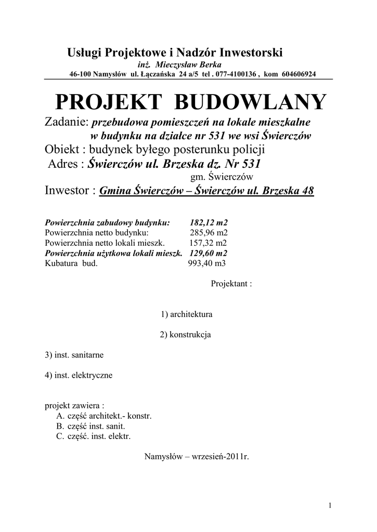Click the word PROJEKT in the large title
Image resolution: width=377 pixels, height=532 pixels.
tap(109, 102)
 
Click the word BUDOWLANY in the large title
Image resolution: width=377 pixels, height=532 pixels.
tap(250, 102)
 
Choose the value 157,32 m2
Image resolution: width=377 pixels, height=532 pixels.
tap(209, 243)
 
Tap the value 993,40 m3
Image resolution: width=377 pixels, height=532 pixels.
tap(207, 263)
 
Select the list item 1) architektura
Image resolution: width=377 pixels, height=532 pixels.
tap(187, 314)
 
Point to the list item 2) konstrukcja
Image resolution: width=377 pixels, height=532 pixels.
tap(185, 335)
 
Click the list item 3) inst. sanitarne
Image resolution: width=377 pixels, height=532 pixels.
tap(74, 355)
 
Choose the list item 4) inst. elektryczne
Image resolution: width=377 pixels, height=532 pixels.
tap(79, 375)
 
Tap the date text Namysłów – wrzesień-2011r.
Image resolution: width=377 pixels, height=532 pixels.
tap(196, 458)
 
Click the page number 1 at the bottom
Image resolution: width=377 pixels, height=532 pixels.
tap(330, 505)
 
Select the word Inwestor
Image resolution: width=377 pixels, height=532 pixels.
tap(68, 191)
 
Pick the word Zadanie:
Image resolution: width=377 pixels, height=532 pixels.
tap(68, 122)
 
